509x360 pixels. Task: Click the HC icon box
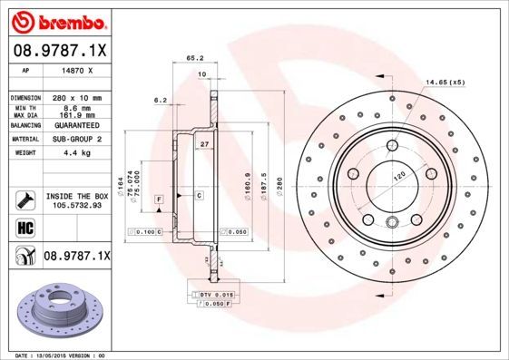pos(23,225)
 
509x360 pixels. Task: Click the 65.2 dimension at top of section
pos(193,57)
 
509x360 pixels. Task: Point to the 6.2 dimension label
pos(161,100)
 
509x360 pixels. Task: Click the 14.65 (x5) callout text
pos(445,83)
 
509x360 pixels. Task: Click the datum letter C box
pos(198,196)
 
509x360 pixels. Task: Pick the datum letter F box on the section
pos(159,199)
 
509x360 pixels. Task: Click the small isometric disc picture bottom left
pos(62,308)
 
